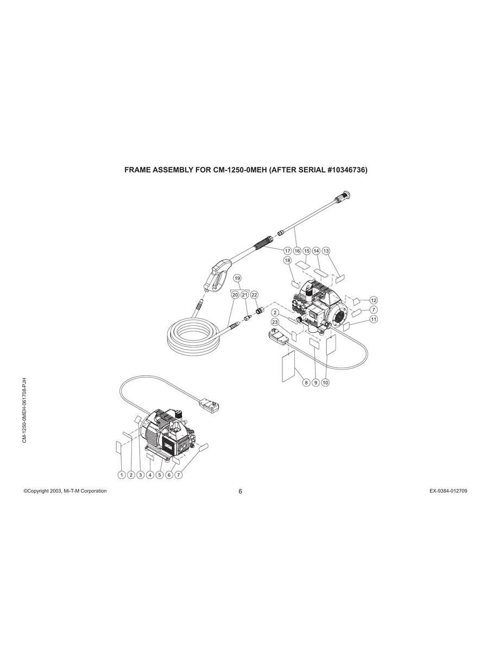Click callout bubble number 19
point(237,278)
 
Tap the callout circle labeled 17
point(287,251)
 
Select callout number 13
point(326,251)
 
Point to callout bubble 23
point(275,322)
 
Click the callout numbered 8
point(306,382)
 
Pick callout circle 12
point(374,300)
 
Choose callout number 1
point(122,475)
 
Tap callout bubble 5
point(160,475)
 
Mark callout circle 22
point(254,294)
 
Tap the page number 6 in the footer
point(241,491)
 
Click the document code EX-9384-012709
point(448,491)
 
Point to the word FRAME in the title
point(138,170)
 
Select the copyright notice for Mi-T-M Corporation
point(65,491)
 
